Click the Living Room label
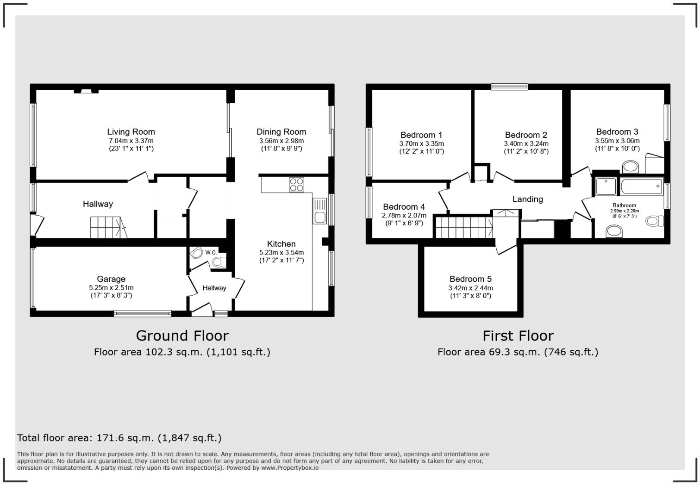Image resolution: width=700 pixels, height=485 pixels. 131,132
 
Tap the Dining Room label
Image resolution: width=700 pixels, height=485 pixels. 281,132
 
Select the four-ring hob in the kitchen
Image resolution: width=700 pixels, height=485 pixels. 296,185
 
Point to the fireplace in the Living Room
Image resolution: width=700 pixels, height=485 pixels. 86,91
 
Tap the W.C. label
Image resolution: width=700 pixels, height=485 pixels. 211,252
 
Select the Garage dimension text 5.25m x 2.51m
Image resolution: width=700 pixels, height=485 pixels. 111,287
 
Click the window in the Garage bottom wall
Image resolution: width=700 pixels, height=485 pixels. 143,313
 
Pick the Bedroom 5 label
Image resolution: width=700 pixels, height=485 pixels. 470,279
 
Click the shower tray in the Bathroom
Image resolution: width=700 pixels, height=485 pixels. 606,186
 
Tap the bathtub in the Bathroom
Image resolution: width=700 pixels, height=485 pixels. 641,186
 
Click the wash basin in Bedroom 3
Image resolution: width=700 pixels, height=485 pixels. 630,167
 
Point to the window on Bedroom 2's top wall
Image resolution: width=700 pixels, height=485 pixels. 509,87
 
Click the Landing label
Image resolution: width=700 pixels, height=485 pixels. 527,199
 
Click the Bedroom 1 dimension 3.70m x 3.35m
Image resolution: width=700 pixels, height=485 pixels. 421,143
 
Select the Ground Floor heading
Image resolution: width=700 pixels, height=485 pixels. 182,336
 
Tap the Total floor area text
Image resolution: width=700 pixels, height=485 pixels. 119,438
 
